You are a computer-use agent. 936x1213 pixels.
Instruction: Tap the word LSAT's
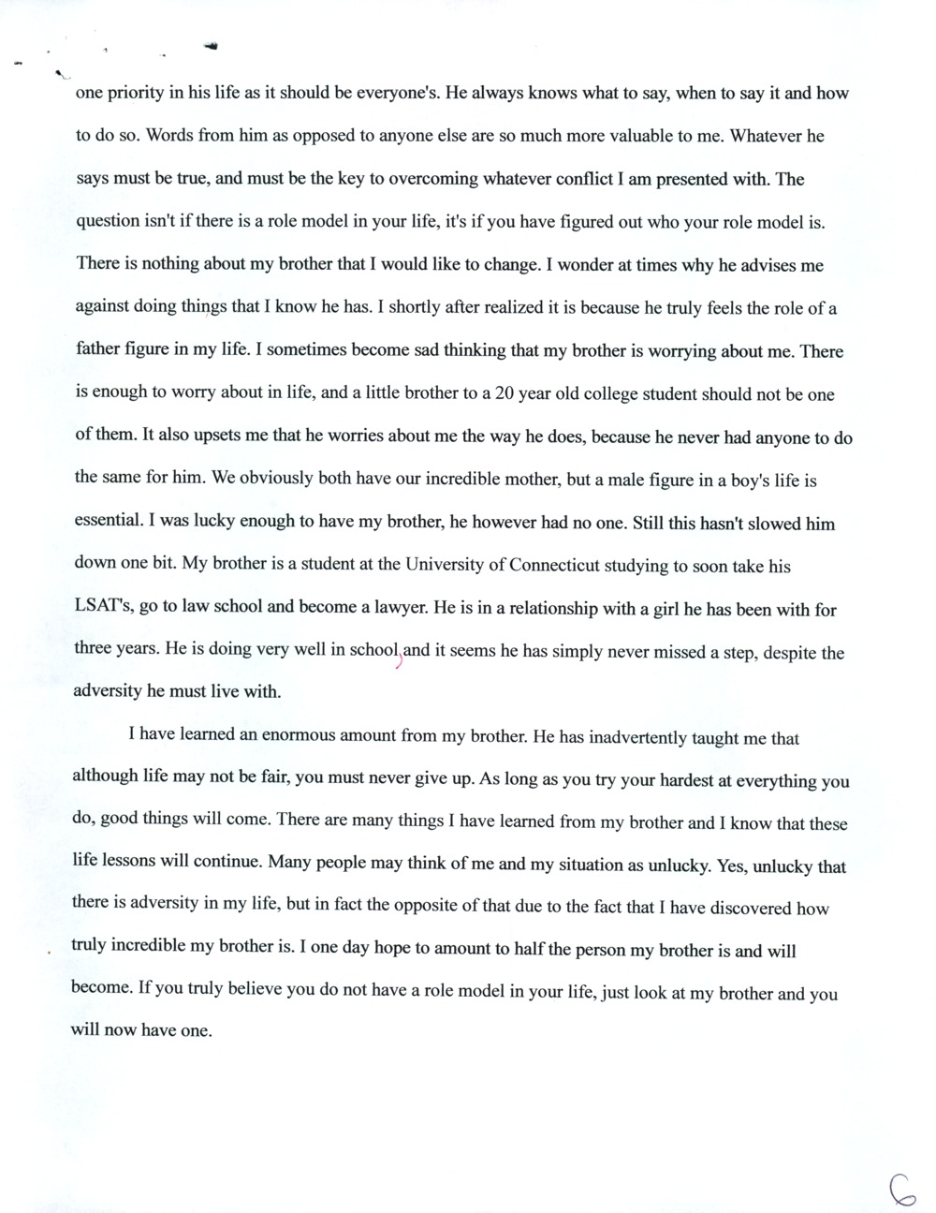click(101, 608)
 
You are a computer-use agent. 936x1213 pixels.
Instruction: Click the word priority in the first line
click(139, 93)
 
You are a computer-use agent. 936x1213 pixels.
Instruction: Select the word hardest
click(665, 780)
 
